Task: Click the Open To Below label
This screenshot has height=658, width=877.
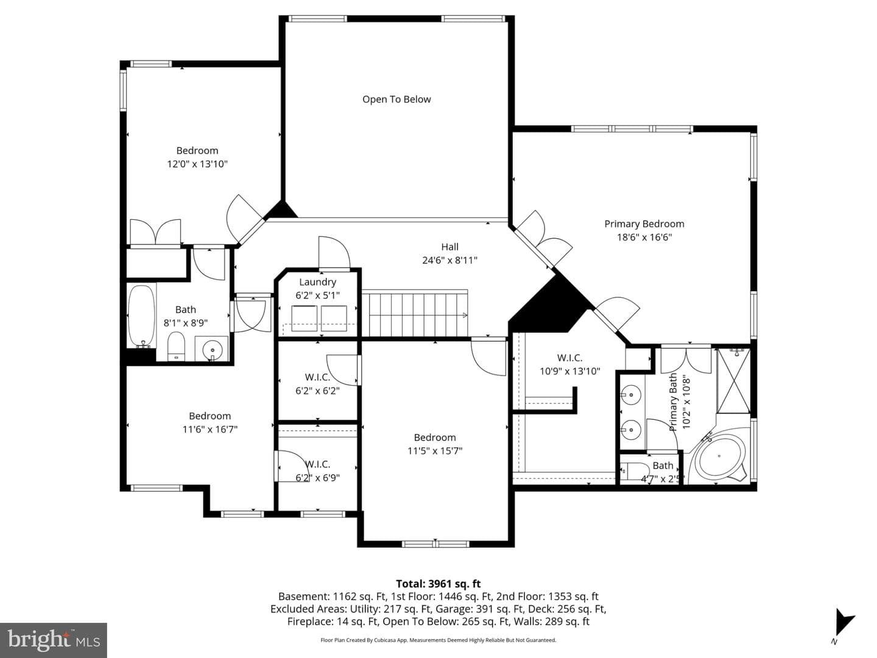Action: pyautogui.click(x=396, y=99)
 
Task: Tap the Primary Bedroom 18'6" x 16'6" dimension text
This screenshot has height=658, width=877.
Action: pyautogui.click(x=644, y=237)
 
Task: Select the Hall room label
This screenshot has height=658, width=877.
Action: pyautogui.click(x=449, y=247)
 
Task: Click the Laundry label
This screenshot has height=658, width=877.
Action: pyautogui.click(x=318, y=282)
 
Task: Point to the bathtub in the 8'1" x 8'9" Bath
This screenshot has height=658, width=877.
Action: pyautogui.click(x=141, y=317)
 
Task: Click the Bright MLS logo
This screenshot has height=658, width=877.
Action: pyautogui.click(x=54, y=640)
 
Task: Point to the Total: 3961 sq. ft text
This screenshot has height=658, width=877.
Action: pyautogui.click(x=438, y=584)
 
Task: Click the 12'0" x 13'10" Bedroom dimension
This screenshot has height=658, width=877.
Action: pyautogui.click(x=197, y=164)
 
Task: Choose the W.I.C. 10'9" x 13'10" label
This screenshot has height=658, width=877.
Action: pyautogui.click(x=570, y=364)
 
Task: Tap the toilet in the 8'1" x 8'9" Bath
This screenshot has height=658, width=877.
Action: pyautogui.click(x=176, y=346)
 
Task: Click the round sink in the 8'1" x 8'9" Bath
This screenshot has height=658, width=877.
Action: pyautogui.click(x=212, y=350)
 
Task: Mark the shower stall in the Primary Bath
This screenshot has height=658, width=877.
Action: pyautogui.click(x=734, y=380)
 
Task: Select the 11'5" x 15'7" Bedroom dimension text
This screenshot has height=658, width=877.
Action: pyautogui.click(x=435, y=451)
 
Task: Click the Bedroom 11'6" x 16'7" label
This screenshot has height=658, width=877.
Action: pyautogui.click(x=210, y=423)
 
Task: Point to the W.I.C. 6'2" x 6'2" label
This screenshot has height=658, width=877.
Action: pyautogui.click(x=318, y=384)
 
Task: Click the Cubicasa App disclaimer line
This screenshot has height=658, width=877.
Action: pyautogui.click(x=438, y=640)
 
